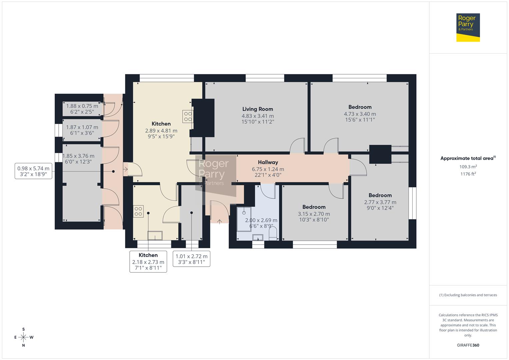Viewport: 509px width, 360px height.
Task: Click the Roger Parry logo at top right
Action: point(468,27)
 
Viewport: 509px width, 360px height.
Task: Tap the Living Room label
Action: point(257,109)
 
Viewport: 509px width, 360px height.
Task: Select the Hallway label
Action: point(268,162)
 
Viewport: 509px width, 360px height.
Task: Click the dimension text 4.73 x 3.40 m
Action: point(360,114)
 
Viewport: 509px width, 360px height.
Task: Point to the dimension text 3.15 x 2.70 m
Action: point(314,214)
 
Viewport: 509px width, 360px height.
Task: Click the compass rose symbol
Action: point(23,337)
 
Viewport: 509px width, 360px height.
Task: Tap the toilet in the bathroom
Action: point(273,233)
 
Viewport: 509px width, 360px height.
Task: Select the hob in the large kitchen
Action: point(187,116)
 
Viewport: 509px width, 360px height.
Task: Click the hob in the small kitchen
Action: point(138,211)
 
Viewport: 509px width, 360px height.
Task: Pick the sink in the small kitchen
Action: point(155,236)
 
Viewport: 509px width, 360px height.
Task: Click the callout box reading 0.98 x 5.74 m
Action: point(33,171)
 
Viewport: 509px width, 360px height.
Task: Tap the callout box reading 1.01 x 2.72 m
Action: point(191,259)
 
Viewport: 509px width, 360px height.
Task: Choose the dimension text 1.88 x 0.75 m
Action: point(82,106)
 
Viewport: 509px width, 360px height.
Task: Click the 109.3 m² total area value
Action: point(468,167)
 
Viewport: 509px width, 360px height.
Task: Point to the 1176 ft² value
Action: point(468,174)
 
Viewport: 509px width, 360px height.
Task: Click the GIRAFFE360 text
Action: point(468,345)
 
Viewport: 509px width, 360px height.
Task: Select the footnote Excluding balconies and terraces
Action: point(468,295)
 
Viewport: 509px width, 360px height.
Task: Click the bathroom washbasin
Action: point(258,237)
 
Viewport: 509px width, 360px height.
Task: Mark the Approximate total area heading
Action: point(468,158)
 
